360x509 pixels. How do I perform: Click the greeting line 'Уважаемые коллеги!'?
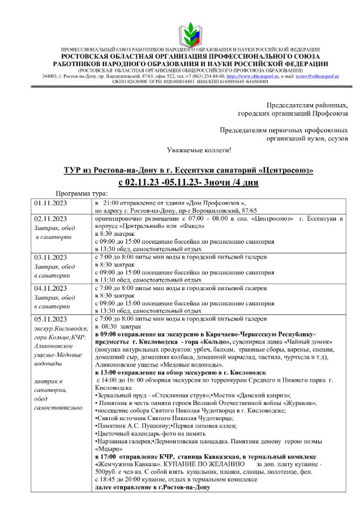click(x=199, y=150)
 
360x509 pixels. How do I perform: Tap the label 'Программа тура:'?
click(x=79, y=192)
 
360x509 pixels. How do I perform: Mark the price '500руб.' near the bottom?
click(x=107, y=471)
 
